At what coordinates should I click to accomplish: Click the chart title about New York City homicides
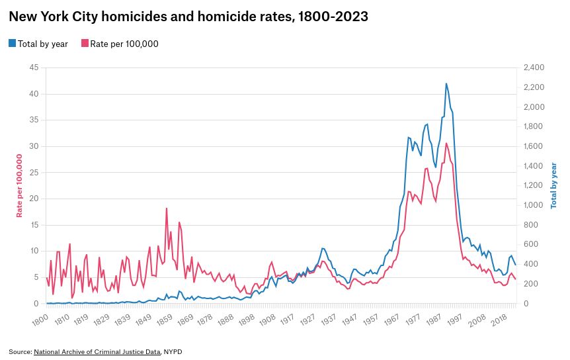click(188, 17)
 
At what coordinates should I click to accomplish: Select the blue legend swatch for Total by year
click(12, 44)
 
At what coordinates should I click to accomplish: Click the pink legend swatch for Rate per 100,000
click(85, 44)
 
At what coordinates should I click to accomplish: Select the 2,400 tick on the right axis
click(533, 67)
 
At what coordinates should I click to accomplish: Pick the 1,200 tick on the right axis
click(533, 186)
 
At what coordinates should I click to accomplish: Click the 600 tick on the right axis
click(530, 245)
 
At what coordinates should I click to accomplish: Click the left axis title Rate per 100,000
click(20, 185)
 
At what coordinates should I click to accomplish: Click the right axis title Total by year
click(554, 185)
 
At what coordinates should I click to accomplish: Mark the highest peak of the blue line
click(446, 83)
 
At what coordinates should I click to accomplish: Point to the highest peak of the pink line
click(446, 144)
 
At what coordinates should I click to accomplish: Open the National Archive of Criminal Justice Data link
click(97, 351)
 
